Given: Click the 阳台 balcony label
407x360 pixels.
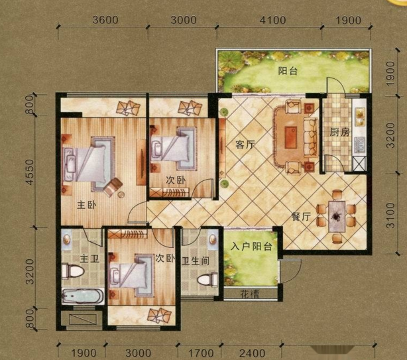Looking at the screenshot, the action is [x=288, y=71].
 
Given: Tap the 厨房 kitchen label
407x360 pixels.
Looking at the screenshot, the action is [x=340, y=133].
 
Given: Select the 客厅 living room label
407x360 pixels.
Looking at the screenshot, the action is [x=245, y=145].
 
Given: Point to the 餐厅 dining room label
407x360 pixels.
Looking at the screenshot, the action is [x=301, y=216].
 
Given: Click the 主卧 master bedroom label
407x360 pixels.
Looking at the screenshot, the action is [x=87, y=205].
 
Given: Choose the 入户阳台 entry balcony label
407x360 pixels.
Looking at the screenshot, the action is [x=251, y=247].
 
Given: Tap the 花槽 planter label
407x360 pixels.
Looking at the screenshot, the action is [x=249, y=294].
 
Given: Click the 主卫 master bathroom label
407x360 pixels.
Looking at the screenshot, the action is [x=89, y=259].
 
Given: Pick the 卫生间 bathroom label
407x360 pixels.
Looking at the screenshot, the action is [x=196, y=261].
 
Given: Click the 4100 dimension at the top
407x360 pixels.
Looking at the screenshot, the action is [x=273, y=20].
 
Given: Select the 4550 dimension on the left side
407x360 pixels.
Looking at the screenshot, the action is [x=30, y=172].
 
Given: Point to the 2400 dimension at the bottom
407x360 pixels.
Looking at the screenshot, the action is [x=253, y=353].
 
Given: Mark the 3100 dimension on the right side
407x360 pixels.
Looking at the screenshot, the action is [x=390, y=215].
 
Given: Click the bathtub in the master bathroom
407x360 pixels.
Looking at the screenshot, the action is [x=83, y=296].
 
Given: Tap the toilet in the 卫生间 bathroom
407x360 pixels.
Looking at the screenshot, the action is [x=207, y=280].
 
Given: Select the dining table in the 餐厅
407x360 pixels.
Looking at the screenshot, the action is [x=337, y=217].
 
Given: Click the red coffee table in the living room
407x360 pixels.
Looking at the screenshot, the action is [x=291, y=137].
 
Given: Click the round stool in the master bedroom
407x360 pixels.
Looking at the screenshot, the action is [x=121, y=194].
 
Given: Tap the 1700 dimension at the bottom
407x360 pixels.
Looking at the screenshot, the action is [x=200, y=353].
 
